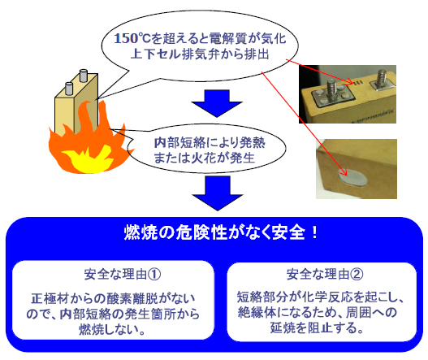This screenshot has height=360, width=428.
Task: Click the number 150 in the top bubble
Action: pyautogui.click(x=126, y=38)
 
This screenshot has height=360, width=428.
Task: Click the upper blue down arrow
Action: pyautogui.click(x=217, y=103)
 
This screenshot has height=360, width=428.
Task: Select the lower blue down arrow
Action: pyautogui.click(x=218, y=193)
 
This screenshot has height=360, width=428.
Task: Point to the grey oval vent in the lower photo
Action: pyautogui.click(x=352, y=176)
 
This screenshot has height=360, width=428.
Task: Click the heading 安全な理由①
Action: pyautogui.click(x=123, y=274)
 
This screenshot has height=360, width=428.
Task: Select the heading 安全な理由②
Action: pyautogui.click(x=325, y=274)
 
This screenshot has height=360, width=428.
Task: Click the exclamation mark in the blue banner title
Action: pyautogui.click(x=314, y=232)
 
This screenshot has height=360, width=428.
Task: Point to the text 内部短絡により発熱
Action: pyautogui.click(x=210, y=142)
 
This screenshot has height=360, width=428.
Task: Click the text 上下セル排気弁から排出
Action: pyautogui.click(x=200, y=54)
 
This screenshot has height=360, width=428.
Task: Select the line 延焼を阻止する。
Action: pyautogui.click(x=318, y=327)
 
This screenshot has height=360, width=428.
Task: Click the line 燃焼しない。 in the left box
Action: pyautogui.click(x=112, y=329)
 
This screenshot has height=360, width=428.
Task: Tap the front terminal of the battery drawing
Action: pyautogui.click(x=69, y=89)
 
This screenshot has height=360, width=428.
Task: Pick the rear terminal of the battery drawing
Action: pyautogui.click(x=84, y=76)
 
